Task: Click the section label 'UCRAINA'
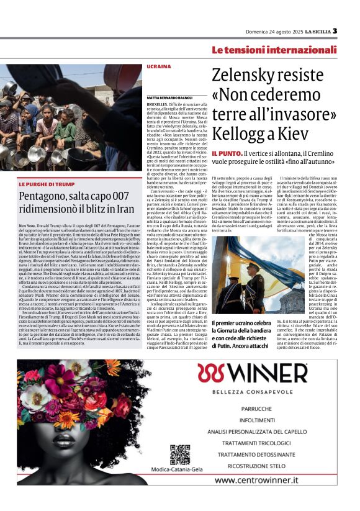[158, 66]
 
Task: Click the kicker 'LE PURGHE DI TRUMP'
[47, 184]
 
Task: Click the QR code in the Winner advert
[179, 454]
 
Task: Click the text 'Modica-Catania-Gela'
[179, 471]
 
